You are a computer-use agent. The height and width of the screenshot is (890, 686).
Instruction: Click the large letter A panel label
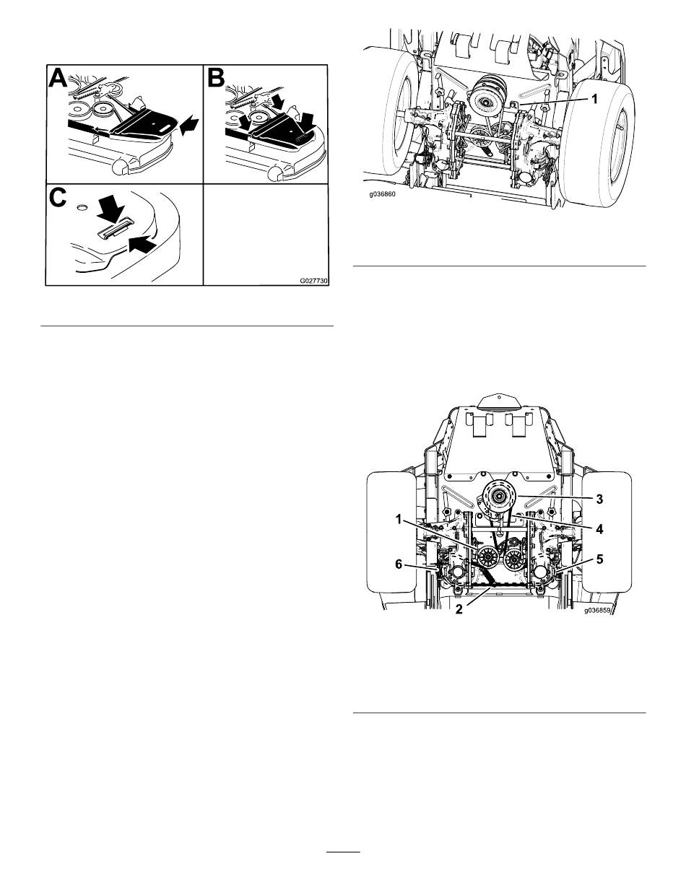(57, 79)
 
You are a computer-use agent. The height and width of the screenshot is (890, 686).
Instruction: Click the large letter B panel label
(216, 79)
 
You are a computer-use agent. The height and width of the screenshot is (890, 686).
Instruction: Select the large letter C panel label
(57, 198)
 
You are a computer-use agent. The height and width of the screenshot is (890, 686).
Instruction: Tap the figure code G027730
(313, 282)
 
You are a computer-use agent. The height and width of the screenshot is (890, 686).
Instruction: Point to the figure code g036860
(383, 195)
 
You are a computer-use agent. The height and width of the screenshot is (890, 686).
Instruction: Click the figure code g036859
(597, 610)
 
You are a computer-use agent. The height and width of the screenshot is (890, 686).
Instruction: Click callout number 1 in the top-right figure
(595, 99)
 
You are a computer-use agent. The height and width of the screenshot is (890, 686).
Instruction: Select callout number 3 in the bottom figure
(599, 499)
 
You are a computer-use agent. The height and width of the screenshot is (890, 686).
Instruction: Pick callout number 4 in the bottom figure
(599, 529)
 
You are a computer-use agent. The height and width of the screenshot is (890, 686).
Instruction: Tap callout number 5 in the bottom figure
(599, 559)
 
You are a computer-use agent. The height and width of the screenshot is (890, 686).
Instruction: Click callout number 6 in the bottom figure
(399, 564)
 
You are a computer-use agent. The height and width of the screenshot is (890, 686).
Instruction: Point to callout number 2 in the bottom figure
(459, 609)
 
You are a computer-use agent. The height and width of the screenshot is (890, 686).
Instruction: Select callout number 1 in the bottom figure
(399, 519)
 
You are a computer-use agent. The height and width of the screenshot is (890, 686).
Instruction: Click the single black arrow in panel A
(190, 125)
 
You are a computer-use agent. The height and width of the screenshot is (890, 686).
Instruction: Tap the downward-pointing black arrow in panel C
(110, 210)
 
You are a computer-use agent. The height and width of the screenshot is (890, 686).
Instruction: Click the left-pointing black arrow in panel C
(142, 244)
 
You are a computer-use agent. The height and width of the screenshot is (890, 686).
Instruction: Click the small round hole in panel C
(82, 208)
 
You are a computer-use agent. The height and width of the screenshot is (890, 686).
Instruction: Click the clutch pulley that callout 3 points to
(499, 497)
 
